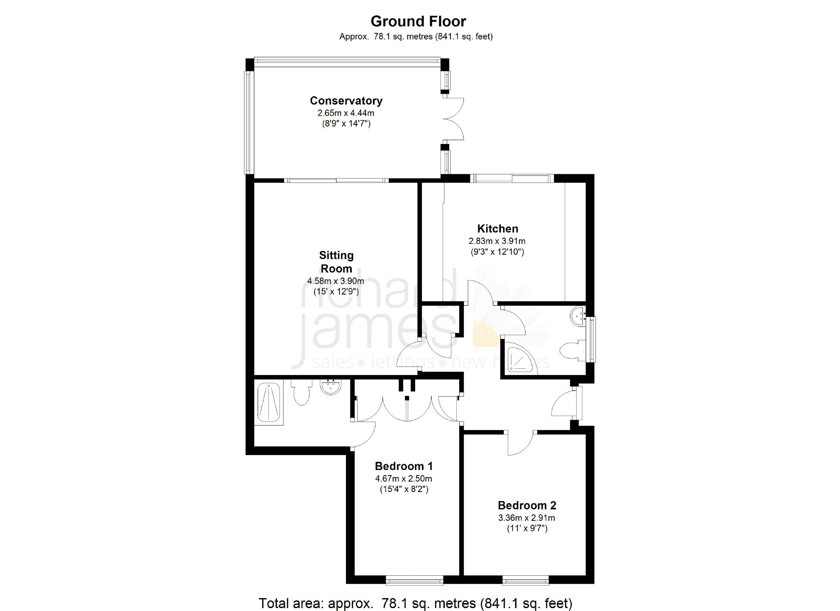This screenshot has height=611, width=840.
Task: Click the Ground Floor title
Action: pyautogui.click(x=418, y=21)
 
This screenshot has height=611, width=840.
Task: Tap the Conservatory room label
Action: pyautogui.click(x=346, y=101)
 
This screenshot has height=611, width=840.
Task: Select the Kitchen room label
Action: pyautogui.click(x=497, y=229)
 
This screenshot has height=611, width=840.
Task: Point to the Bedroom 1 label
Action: pyautogui.click(x=404, y=466)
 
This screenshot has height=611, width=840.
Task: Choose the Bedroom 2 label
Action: pyautogui.click(x=527, y=505)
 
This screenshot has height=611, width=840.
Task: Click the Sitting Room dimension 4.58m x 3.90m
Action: pyautogui.click(x=336, y=281)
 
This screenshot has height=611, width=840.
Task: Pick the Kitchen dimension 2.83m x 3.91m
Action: pyautogui.click(x=497, y=241)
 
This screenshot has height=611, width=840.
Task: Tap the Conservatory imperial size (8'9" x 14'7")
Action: pyautogui.click(x=346, y=124)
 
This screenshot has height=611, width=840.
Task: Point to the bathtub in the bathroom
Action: pyautogui.click(x=269, y=402)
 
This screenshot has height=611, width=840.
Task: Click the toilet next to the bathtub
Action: pyautogui.click(x=301, y=391)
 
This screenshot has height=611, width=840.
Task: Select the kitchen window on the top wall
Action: pyautogui.click(x=512, y=178)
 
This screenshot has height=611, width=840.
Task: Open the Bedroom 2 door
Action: pyautogui.click(x=521, y=442)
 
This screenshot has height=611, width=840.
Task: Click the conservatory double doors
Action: pyautogui.click(x=454, y=118)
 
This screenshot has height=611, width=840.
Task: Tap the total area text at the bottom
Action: pyautogui.click(x=415, y=602)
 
